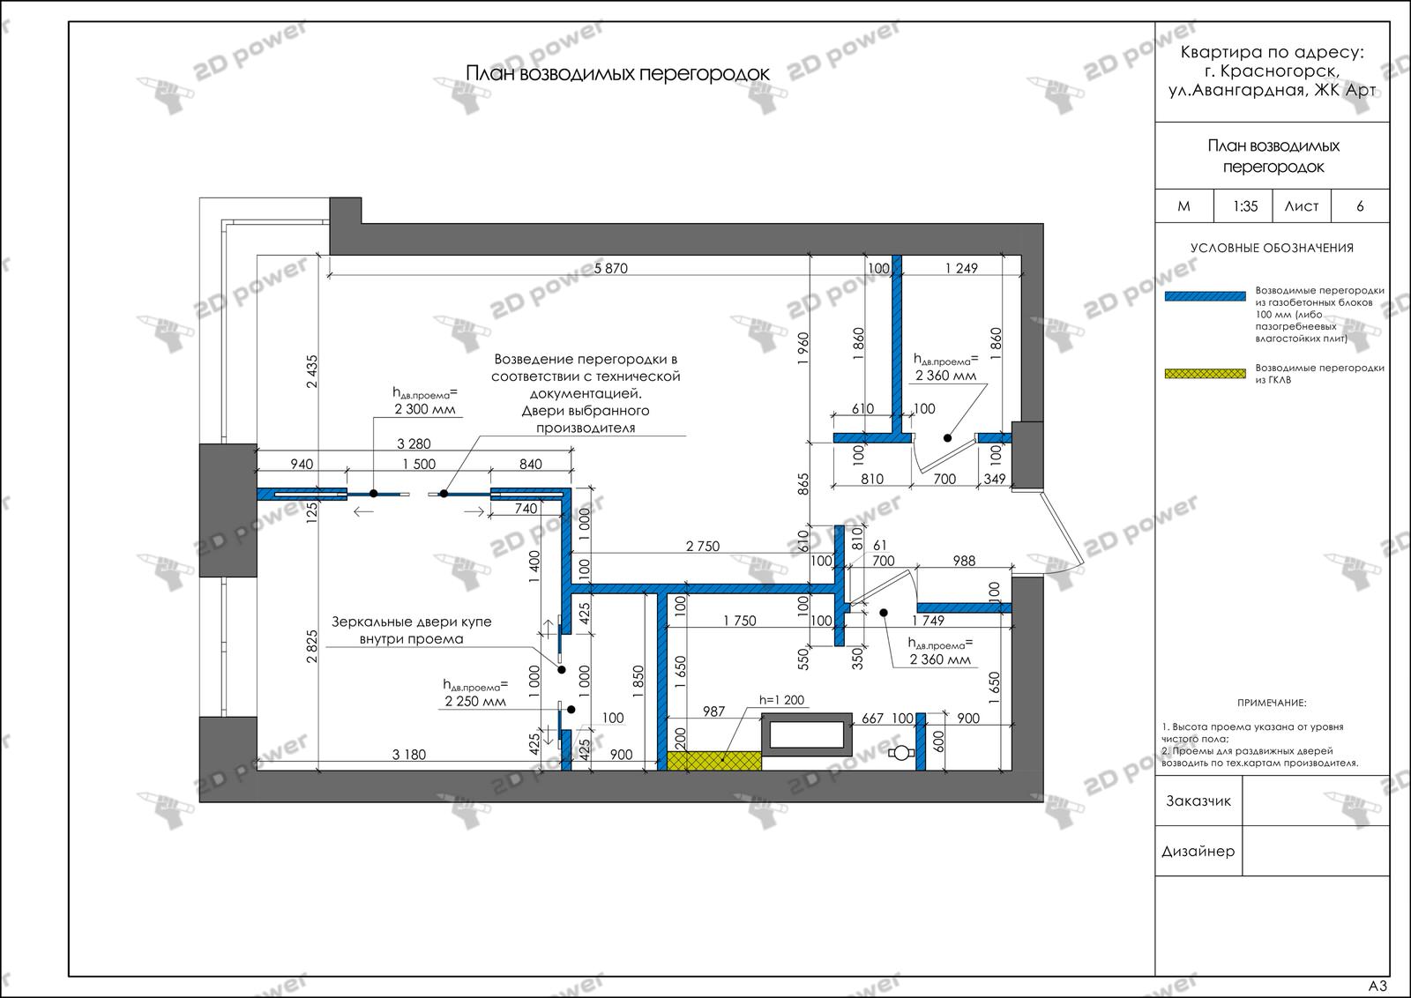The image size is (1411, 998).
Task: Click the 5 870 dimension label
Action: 610,268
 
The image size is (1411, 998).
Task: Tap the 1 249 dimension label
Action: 961,268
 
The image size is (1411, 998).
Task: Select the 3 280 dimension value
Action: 414,444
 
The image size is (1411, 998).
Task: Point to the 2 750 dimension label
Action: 702,547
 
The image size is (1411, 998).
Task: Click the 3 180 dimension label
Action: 409,755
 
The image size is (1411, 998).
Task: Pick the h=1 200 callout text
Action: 781,699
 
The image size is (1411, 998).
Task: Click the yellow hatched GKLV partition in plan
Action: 713,761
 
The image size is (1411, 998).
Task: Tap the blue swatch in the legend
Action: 1205,296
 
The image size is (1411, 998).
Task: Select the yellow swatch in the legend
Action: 1205,374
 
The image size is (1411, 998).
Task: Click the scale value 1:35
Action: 1244,206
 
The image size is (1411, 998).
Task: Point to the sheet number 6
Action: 1360,206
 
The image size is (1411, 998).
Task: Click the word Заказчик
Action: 1198,801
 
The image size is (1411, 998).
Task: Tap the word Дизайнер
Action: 1198,852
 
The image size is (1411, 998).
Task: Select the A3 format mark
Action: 1377,986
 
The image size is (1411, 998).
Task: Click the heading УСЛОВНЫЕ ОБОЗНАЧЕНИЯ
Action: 1272,248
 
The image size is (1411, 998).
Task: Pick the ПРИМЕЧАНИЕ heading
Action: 1272,703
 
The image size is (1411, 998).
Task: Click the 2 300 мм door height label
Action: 424,409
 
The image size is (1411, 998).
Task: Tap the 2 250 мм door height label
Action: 475,702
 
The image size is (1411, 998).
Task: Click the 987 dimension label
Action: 713,711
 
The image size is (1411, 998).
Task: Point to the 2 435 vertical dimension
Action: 312,371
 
